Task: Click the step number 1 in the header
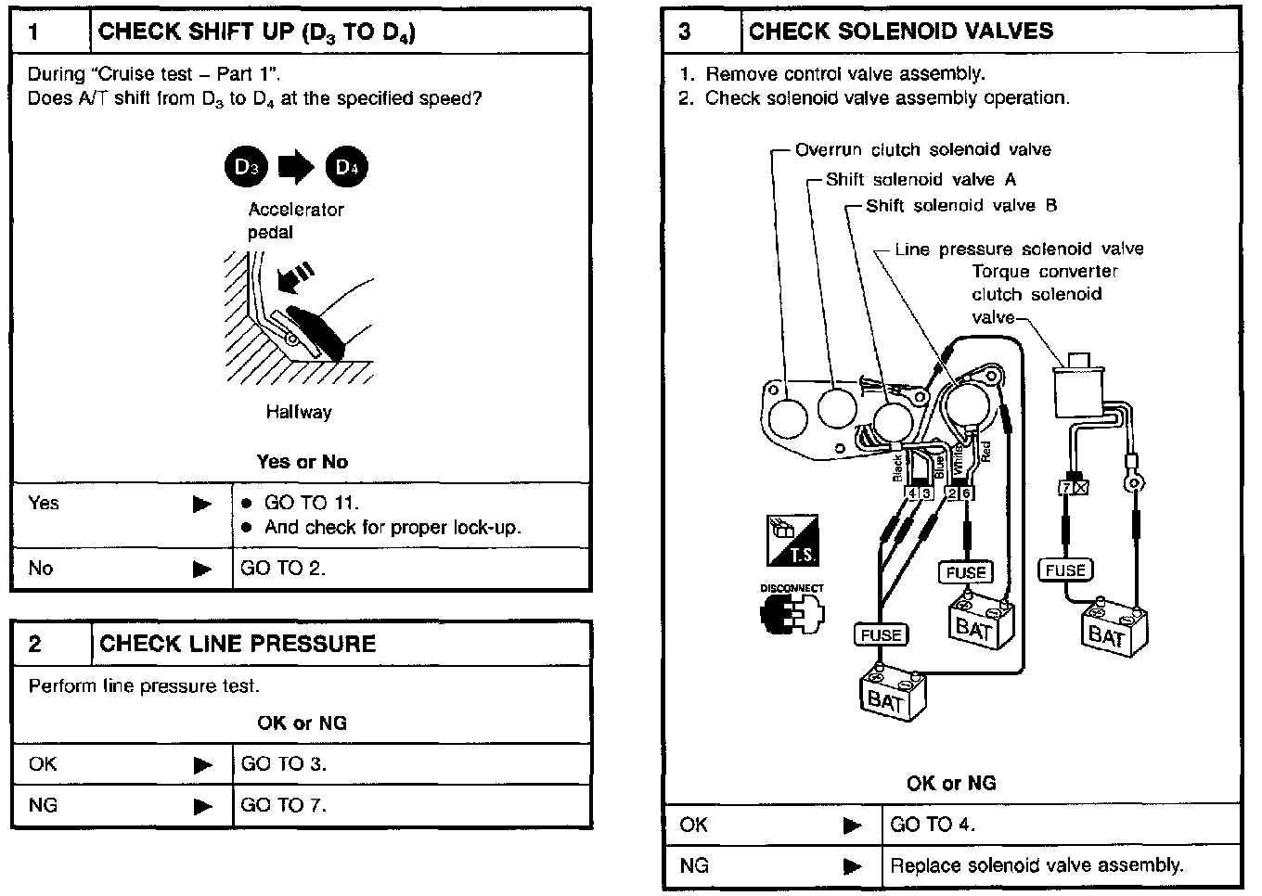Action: [34, 32]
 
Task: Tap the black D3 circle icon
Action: [246, 167]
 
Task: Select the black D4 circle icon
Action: [346, 167]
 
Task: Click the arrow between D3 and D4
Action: [297, 167]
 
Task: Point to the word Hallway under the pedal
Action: [299, 412]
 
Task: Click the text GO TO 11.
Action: [312, 503]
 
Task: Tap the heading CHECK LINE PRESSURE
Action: [238, 644]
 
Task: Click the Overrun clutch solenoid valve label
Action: [923, 149]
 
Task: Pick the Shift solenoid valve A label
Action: [921, 179]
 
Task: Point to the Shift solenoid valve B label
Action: [961, 205]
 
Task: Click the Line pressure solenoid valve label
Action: [1019, 249]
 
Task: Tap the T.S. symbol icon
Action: [792, 541]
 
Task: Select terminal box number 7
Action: [1067, 487]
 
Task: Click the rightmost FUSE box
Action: [1065, 570]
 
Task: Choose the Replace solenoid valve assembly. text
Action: [1037, 865]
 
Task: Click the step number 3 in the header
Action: [685, 32]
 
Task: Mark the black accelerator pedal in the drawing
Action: [315, 329]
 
